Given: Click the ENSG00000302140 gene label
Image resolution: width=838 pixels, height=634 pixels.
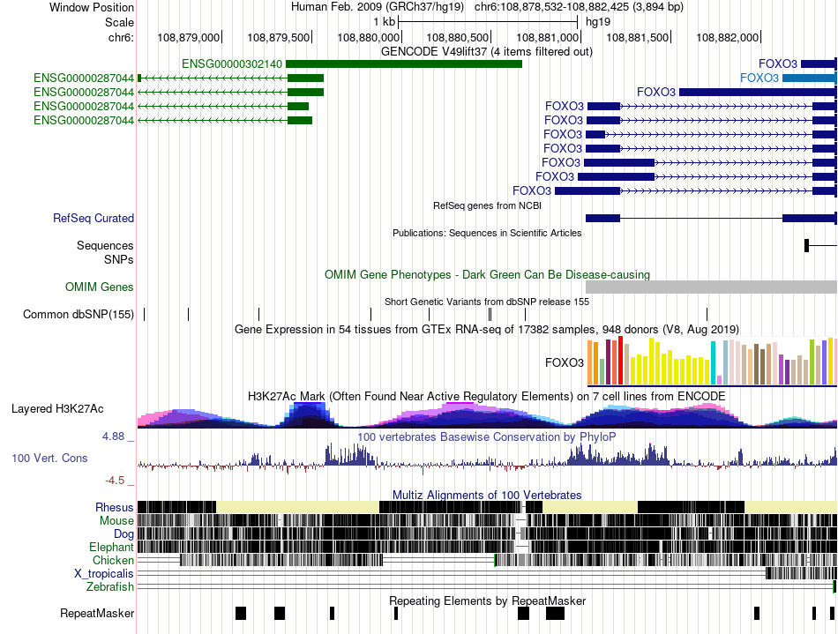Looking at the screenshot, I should click(232, 63).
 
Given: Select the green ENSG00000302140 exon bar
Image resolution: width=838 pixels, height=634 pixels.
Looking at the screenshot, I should click(403, 63).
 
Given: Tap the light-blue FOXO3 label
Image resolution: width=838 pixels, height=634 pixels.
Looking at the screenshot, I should click(759, 78).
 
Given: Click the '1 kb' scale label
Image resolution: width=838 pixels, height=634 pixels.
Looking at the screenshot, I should click(384, 21).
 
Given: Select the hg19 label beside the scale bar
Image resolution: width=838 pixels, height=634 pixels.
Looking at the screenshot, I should click(598, 21).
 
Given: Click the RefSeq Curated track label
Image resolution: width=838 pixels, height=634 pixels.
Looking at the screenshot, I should click(94, 218).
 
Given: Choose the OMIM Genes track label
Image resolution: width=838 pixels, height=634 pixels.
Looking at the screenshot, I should click(100, 287).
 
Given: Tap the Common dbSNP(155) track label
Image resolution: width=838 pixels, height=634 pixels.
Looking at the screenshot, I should click(79, 314).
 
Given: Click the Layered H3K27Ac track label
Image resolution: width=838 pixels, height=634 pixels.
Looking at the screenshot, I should click(57, 408).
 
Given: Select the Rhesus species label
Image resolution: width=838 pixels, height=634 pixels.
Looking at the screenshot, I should click(115, 507).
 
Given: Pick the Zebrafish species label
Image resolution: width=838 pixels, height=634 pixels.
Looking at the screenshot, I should click(110, 586).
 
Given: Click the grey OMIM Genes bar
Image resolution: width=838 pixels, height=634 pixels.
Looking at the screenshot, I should click(710, 287).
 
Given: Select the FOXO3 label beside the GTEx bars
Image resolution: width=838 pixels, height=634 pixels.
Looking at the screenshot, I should click(565, 362).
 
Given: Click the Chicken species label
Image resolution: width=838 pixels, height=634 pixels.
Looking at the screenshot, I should click(114, 560).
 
